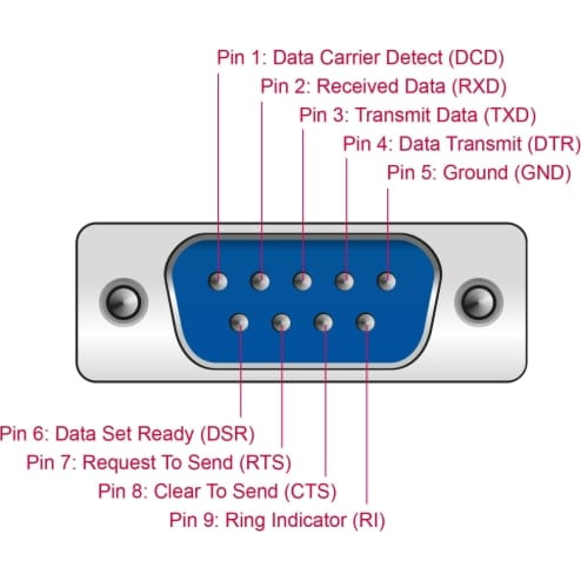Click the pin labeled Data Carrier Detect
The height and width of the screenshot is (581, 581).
218,281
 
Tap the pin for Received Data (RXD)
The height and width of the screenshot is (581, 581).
260,281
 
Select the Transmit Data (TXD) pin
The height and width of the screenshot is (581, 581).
302,281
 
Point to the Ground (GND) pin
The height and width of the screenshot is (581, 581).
386,281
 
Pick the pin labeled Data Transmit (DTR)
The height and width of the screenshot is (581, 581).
345,281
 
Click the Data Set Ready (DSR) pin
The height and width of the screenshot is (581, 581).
239,322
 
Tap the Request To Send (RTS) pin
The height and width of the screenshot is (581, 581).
281,322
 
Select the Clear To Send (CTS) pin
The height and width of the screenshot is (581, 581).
324,322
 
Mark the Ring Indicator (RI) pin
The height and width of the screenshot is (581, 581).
365,322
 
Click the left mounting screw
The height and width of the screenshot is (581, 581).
123,302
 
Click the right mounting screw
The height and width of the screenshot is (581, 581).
479,302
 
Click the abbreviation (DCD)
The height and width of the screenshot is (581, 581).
476,58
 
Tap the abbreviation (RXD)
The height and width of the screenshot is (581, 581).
479,87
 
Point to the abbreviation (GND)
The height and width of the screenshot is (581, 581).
543,173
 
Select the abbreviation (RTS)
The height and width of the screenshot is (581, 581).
266,462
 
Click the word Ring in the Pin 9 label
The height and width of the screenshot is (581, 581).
245,521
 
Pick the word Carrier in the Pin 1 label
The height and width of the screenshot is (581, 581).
350,58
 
